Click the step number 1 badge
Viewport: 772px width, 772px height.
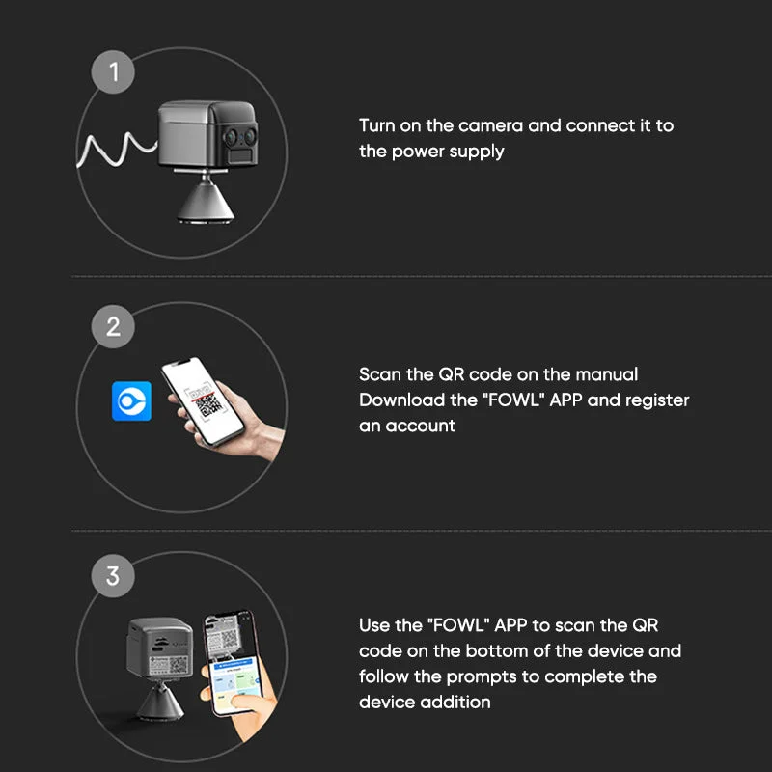[x=113, y=71]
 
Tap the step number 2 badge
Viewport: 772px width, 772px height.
[x=113, y=326]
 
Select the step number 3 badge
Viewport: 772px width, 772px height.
[x=113, y=575]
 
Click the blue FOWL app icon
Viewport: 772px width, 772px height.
[x=131, y=401]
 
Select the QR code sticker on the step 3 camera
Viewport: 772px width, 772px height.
[x=170, y=666]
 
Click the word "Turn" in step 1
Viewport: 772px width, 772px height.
[x=376, y=125]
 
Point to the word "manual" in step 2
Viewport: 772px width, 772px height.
[x=607, y=374]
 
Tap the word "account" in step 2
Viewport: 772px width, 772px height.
[x=420, y=426]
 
